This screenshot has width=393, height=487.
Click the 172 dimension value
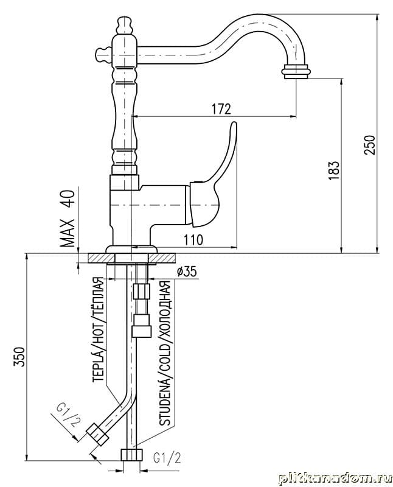pyautogui.click(x=221, y=109)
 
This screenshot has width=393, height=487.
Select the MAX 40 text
pyautogui.click(x=68, y=219)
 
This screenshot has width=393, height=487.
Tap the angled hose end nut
pyautogui.click(x=97, y=434)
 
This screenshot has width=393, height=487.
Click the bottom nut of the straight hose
pyautogui.click(x=132, y=454)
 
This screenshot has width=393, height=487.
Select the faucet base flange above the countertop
pyautogui.click(x=131, y=248)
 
